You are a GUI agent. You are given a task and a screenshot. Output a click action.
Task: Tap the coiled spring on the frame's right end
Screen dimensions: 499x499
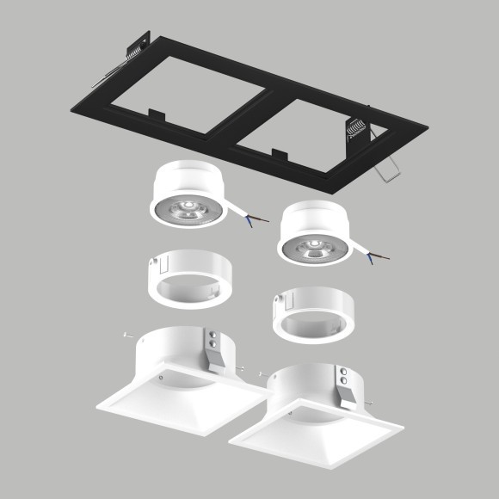pyautogui.click(x=356, y=130)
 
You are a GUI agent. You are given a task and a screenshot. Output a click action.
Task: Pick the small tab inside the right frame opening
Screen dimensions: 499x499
pyautogui.click(x=280, y=155)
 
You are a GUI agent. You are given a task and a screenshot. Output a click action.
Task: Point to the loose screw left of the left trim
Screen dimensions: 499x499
pyautogui.click(x=126, y=336)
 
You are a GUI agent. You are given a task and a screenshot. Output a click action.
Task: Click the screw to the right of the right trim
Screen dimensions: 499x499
pyautogui.click(x=368, y=404)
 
